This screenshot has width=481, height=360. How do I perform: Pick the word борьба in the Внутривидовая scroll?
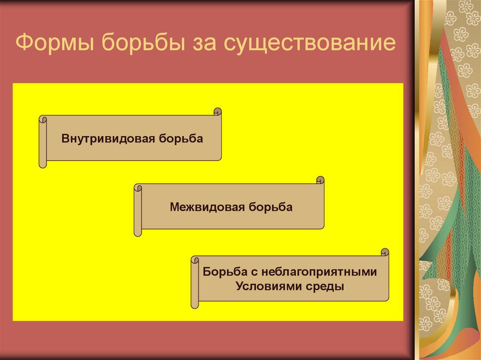181,139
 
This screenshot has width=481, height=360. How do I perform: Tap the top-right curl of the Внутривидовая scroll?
217,112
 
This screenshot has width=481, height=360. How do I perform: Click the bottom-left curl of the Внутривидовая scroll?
43,164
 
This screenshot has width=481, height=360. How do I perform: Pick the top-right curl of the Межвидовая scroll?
320,180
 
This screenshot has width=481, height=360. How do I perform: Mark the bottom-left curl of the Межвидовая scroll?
138,232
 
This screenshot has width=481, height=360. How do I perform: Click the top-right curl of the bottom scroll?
385,252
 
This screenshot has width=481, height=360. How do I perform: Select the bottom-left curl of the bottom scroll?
194,305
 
